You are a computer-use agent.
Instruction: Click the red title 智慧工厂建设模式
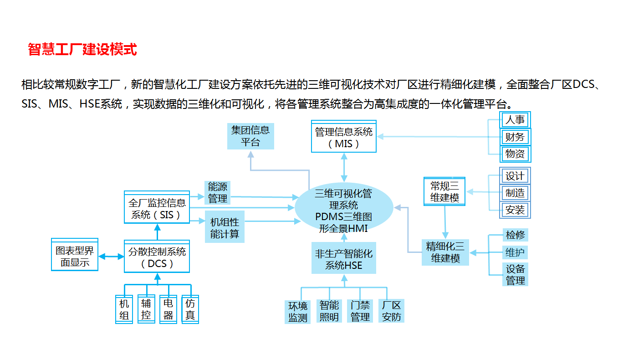[82, 49]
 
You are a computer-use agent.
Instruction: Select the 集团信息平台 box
[250, 136]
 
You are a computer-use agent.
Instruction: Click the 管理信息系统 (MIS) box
[344, 136]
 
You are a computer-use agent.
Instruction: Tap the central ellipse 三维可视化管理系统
[344, 207]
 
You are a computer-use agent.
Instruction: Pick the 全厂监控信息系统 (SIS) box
[157, 207]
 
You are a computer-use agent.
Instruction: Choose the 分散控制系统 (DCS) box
[157, 256]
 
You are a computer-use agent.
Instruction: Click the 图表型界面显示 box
[75, 255]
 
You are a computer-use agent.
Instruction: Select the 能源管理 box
[218, 192]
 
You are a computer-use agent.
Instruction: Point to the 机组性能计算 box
[225, 227]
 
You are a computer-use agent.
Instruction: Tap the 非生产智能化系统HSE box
[344, 258]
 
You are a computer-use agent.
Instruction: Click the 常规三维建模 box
[444, 191]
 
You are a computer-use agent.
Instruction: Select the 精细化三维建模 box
[445, 252]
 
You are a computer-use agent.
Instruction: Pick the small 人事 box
[515, 120]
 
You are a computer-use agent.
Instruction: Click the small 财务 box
[515, 137]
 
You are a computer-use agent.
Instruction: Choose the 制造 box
[515, 193]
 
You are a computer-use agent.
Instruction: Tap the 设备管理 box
[515, 274]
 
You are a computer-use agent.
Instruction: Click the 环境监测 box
[297, 312]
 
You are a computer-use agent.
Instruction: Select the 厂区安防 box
[391, 311]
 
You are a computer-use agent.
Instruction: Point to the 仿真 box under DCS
[190, 309]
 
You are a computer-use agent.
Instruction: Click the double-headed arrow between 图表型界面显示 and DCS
[111, 257]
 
